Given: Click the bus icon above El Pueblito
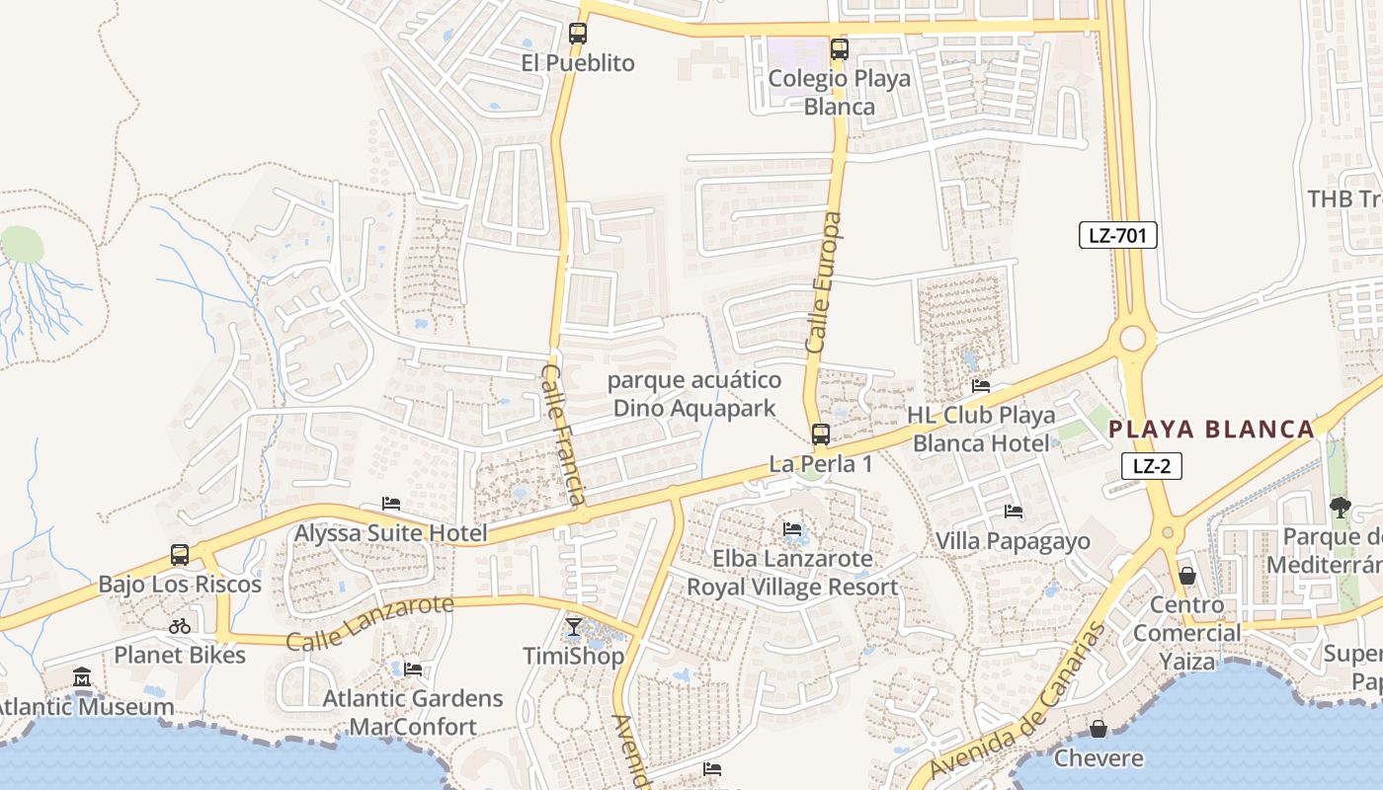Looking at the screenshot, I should point(578,34).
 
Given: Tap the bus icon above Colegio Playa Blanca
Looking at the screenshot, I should point(839,49).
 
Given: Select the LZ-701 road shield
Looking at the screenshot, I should point(1117,235).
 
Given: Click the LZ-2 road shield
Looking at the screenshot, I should point(1152,466).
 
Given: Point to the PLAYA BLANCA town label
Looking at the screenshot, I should point(1212,430).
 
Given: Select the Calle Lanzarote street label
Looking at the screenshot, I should point(369,622).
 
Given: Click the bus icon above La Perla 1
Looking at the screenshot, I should point(820,434).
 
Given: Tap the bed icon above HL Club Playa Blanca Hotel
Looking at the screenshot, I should point(980,386).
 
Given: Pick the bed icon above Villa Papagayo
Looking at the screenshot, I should point(1013,512).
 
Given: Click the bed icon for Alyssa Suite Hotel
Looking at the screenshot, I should point(391,504).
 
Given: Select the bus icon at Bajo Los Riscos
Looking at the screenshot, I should point(180,555).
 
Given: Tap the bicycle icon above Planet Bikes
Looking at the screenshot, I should point(180,625).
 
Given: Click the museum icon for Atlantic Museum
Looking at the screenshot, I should point(82,678).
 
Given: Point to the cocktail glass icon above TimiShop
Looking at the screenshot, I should point(573,627).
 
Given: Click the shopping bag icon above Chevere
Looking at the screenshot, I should point(1098,730).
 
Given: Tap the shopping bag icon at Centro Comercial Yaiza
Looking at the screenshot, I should point(1187,576).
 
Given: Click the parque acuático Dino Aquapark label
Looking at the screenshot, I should point(694,394).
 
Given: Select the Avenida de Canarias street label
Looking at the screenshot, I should point(1018,700).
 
